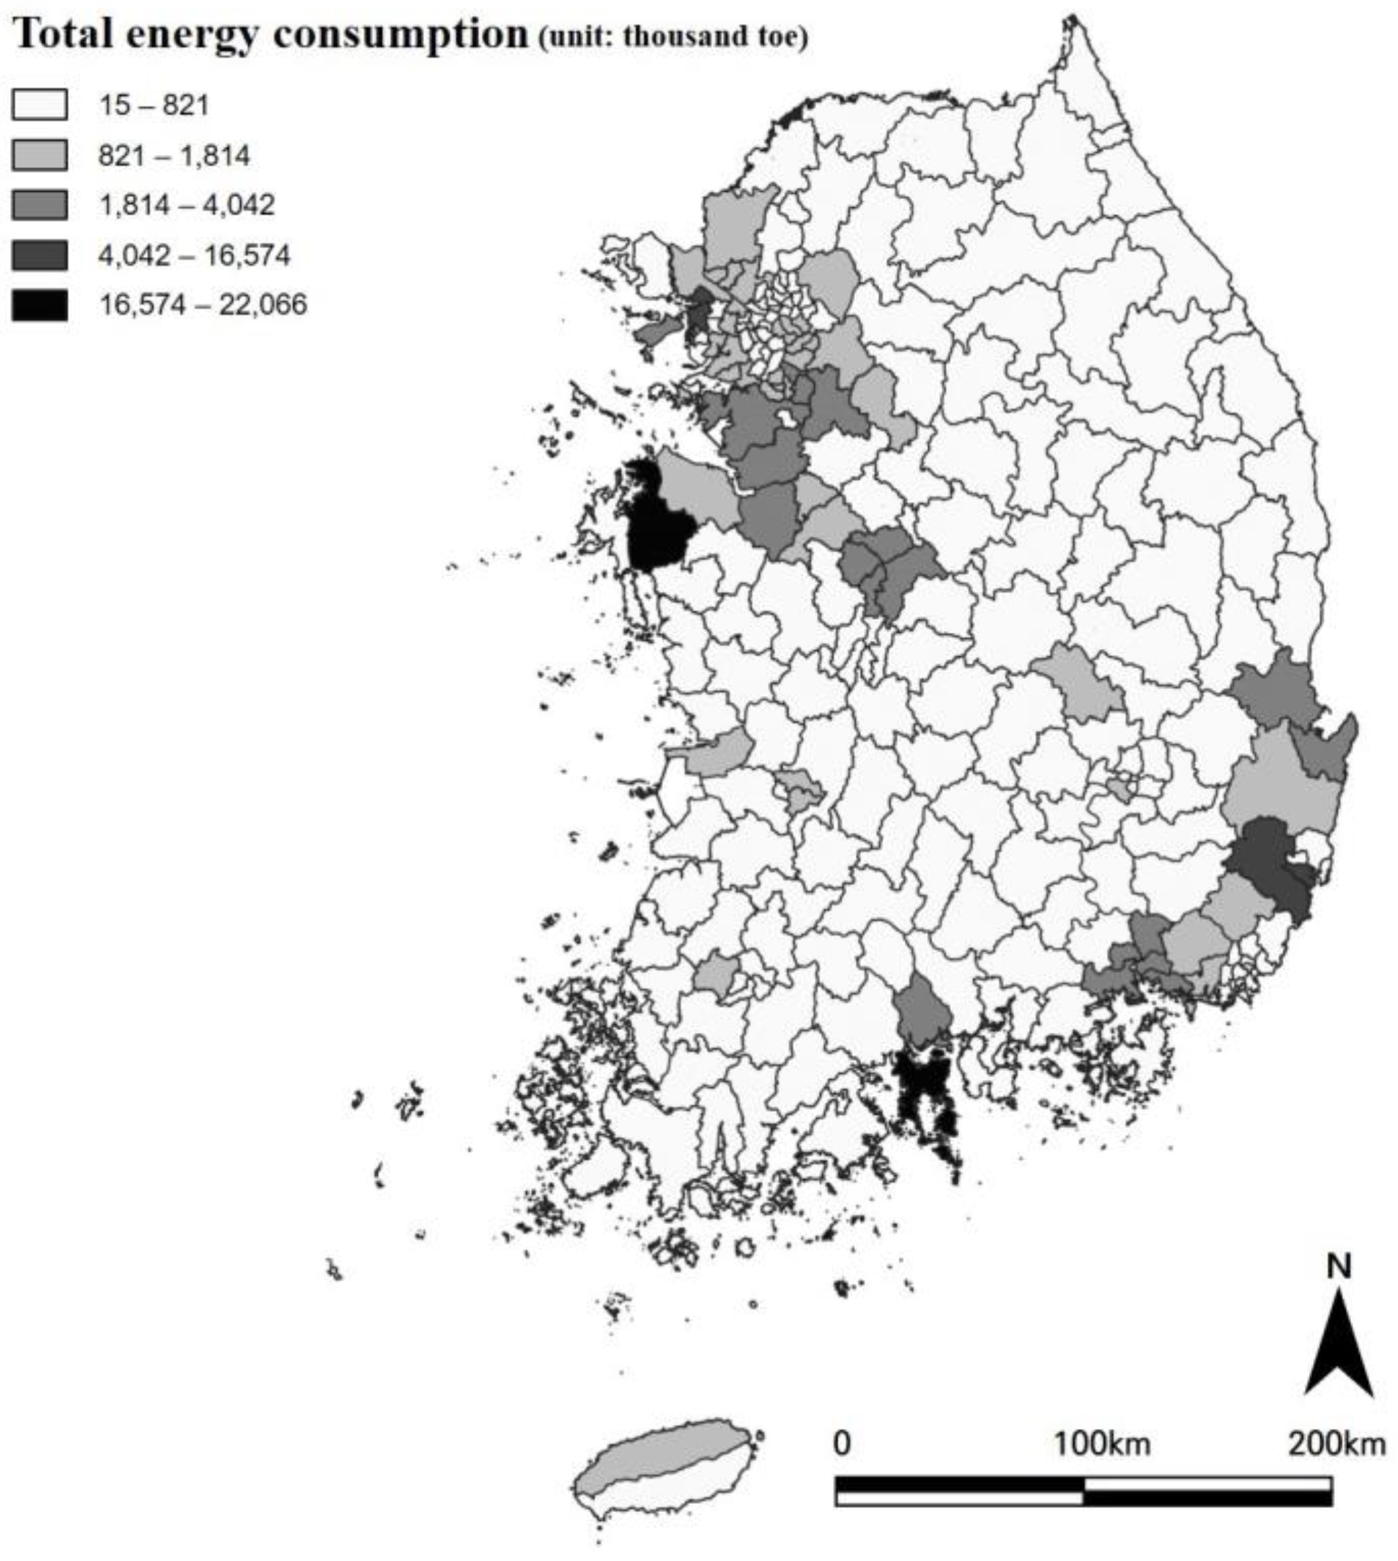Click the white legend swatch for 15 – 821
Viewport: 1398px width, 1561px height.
tap(39, 105)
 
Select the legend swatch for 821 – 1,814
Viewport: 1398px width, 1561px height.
tap(39, 155)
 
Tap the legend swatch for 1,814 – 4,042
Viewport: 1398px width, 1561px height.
tap(39, 205)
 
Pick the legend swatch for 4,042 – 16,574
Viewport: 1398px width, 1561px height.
tap(39, 255)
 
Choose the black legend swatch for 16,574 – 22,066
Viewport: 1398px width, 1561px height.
tap(39, 305)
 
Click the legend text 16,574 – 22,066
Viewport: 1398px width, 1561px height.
tap(203, 305)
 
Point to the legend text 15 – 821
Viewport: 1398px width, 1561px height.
tap(154, 105)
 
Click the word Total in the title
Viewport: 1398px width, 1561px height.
tap(63, 34)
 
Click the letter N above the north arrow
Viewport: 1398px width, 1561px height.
tap(1339, 1266)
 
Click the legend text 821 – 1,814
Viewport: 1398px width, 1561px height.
tap(175, 155)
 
